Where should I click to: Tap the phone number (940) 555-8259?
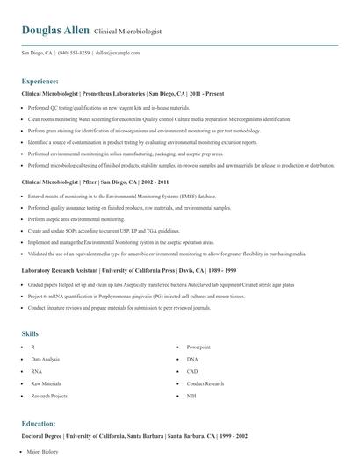click(x=74, y=53)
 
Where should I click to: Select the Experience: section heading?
click(x=40, y=80)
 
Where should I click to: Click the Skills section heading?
click(x=31, y=333)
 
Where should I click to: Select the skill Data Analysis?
click(x=46, y=360)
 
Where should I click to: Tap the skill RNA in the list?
click(x=36, y=372)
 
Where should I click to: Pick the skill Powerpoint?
click(x=198, y=347)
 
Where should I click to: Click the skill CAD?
click(x=192, y=372)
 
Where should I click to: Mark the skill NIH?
click(x=191, y=396)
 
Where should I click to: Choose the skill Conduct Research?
click(x=205, y=383)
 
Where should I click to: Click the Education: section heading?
click(x=40, y=423)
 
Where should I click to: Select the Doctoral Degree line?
click(x=134, y=435)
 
